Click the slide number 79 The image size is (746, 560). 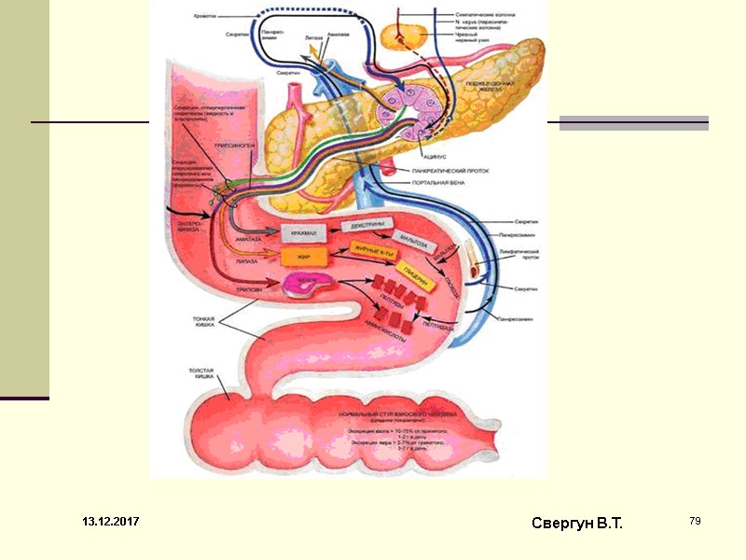[x=695, y=520]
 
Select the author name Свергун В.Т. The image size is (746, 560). [x=576, y=524]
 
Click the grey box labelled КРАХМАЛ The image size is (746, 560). [x=302, y=232]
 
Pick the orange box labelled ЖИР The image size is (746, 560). [x=302, y=257]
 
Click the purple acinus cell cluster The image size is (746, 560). [x=402, y=111]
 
